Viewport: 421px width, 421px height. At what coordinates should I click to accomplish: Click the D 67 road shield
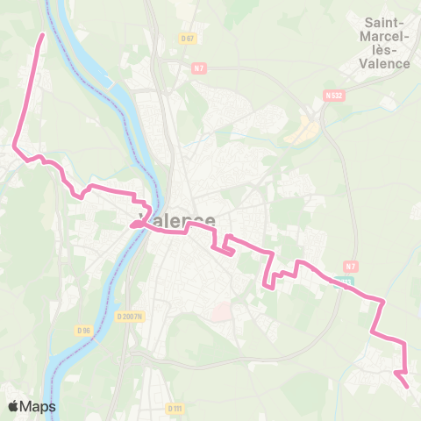(x=186, y=38)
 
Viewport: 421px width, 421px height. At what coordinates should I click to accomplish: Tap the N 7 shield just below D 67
(x=197, y=68)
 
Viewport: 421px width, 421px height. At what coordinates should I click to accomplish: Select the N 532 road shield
(x=332, y=95)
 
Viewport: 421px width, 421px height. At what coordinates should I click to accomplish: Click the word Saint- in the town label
(x=386, y=22)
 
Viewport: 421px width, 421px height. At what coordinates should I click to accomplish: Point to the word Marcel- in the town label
(x=386, y=36)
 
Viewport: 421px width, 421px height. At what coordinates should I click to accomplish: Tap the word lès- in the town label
(x=386, y=50)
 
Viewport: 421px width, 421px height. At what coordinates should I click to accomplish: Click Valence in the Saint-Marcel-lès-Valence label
(x=386, y=63)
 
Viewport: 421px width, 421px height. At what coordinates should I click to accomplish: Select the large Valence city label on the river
(x=178, y=221)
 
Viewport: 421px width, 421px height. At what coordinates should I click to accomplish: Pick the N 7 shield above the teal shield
(x=351, y=267)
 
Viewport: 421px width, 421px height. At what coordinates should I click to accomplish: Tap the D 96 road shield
(x=84, y=331)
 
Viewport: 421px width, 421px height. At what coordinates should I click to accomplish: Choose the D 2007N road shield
(x=128, y=316)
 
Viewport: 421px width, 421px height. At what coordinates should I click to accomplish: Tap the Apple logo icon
(x=15, y=406)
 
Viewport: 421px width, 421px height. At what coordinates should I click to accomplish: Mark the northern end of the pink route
(x=43, y=35)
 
